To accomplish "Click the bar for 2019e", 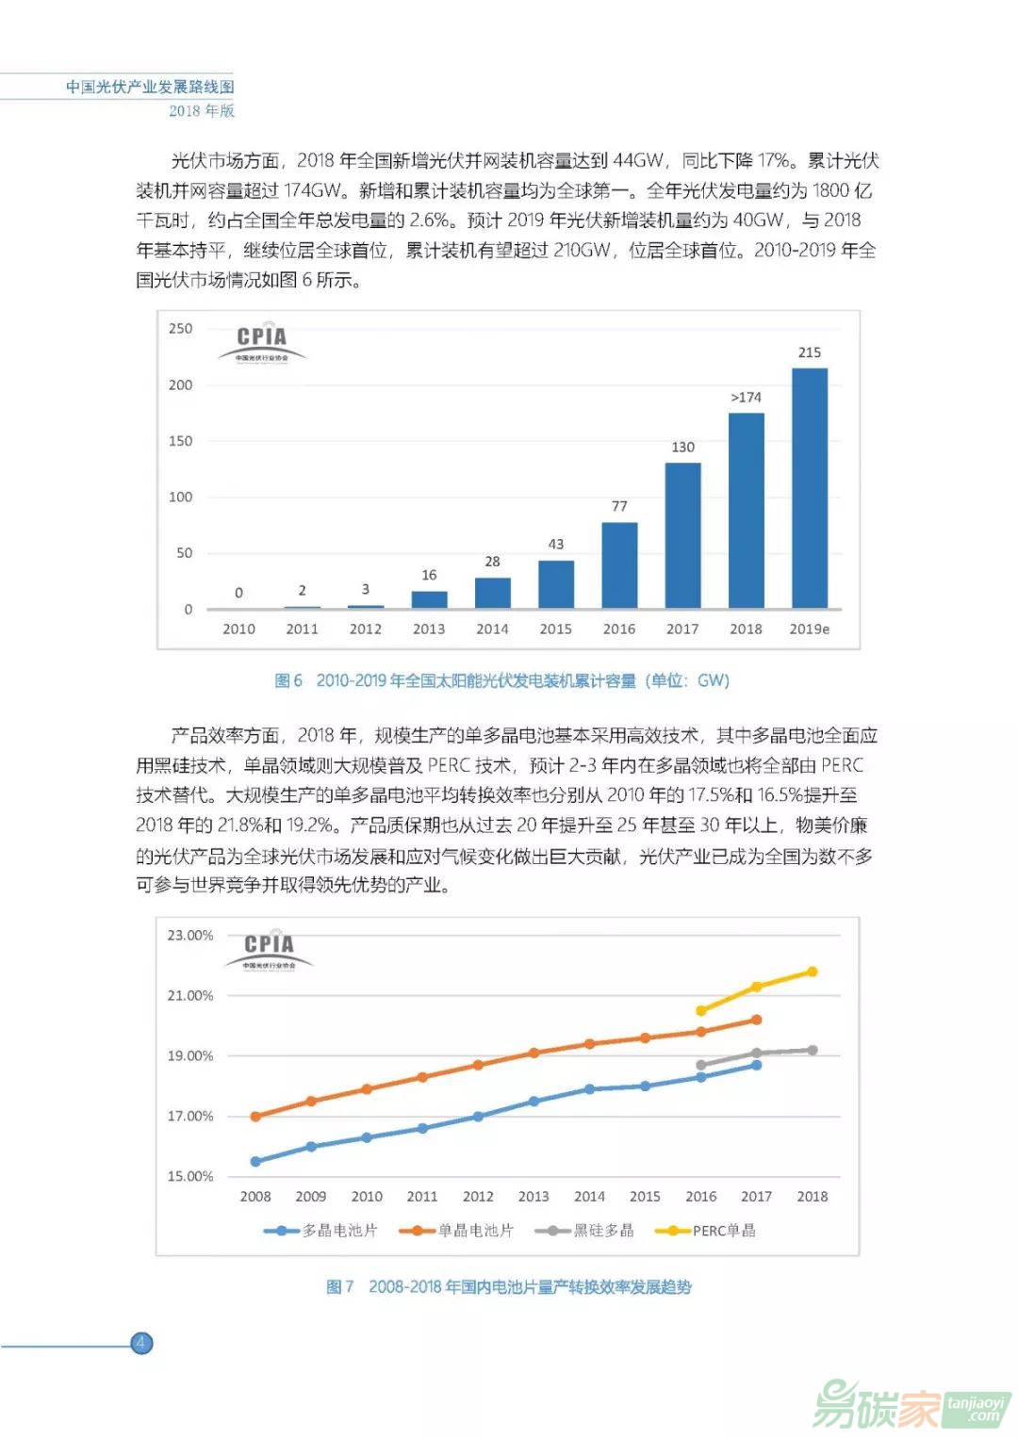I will (809, 488).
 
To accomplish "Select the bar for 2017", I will (682, 535).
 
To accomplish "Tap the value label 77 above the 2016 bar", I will (619, 506).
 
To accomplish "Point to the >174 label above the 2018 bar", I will (746, 397).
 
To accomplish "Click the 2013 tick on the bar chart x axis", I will (429, 629).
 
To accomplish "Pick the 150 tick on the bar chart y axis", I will (180, 441).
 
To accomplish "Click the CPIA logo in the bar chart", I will (261, 342).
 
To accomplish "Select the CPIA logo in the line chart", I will (269, 949).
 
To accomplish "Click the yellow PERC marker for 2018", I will (812, 972).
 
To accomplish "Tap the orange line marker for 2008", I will (255, 1117).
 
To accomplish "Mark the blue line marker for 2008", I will (255, 1161).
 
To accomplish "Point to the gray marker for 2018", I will (812, 1050).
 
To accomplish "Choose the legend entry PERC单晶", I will (712, 1231).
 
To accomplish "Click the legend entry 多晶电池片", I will (321, 1231).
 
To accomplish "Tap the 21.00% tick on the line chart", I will (190, 995).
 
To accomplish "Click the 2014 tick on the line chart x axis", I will (589, 1196).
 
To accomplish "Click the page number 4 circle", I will (141, 1343).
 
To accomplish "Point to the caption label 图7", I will (339, 1286).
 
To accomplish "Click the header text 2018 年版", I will (202, 110).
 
